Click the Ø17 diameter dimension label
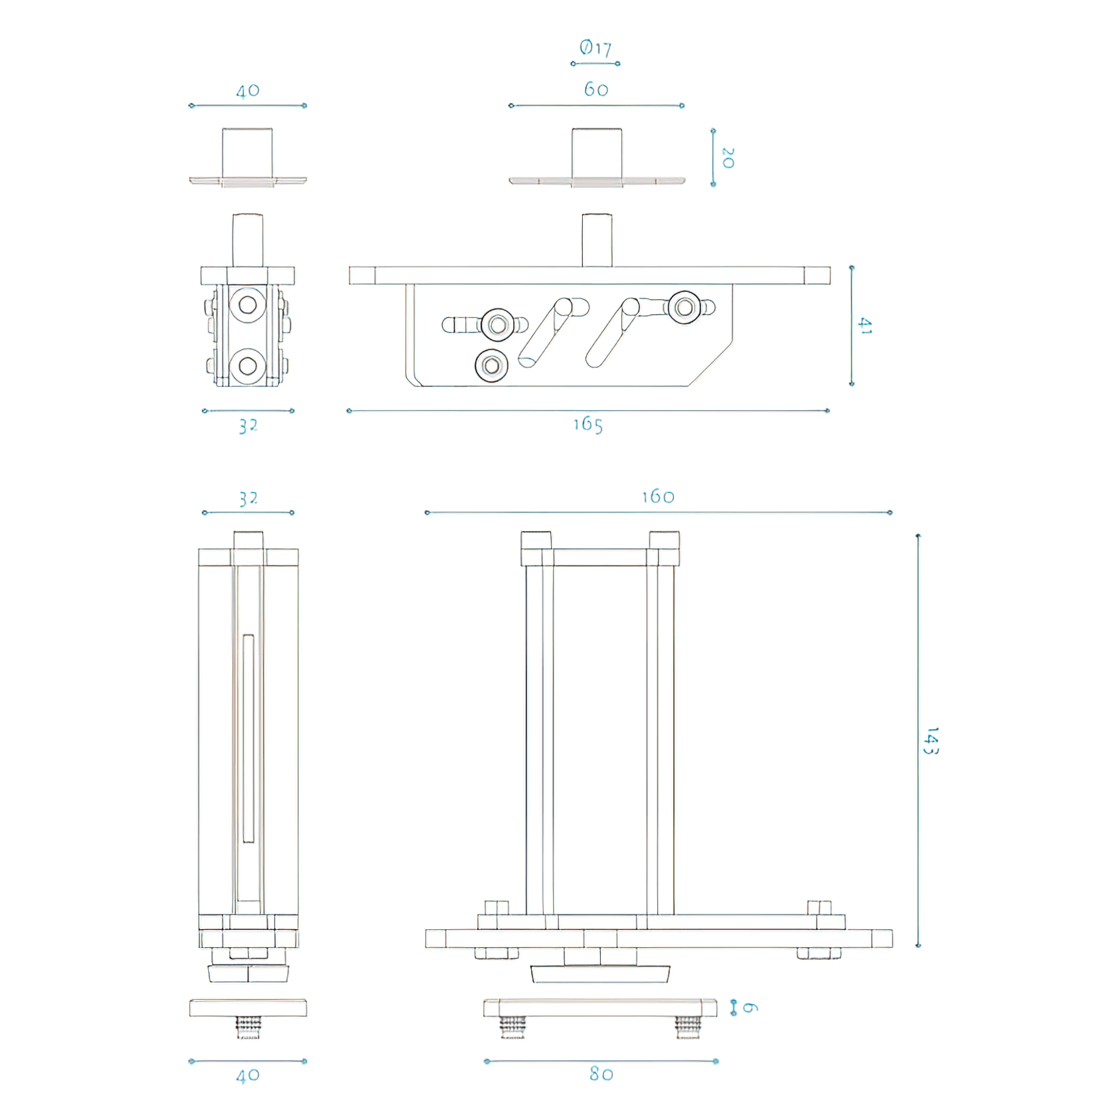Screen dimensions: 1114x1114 (x=595, y=48)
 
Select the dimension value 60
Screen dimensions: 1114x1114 (x=596, y=90)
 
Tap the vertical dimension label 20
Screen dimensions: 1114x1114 (x=728, y=158)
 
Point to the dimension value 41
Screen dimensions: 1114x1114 (x=865, y=326)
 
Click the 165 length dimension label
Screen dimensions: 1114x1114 (x=588, y=425)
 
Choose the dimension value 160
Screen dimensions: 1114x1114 (x=658, y=497)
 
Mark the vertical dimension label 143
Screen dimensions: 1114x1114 (x=932, y=740)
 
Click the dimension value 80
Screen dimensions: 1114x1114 (x=602, y=1074)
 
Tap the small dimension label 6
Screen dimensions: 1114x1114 (x=750, y=1008)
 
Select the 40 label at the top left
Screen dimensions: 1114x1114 (x=248, y=91)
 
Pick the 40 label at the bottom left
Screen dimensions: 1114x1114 (x=248, y=1075)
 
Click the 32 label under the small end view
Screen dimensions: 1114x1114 (x=248, y=426)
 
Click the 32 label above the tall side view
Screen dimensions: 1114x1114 (x=248, y=499)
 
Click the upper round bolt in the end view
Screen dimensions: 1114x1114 (x=248, y=305)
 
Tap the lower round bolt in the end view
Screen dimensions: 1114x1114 (x=248, y=366)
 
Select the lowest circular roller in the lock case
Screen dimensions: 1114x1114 (x=492, y=366)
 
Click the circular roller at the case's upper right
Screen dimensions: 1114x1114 (x=685, y=308)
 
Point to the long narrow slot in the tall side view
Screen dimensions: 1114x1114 (x=249, y=738)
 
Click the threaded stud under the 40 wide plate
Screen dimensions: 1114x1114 (x=248, y=1028)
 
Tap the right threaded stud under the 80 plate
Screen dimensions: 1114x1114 (x=687, y=1028)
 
